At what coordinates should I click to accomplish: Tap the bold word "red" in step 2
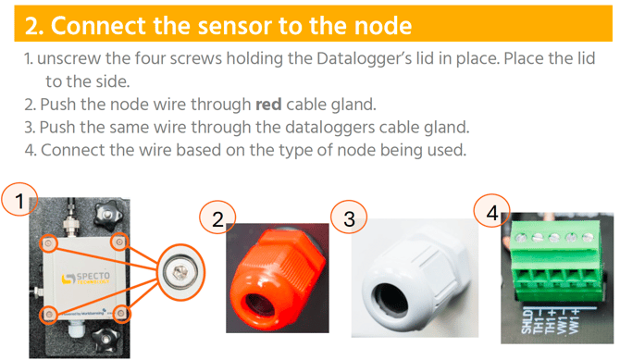[x=268, y=105]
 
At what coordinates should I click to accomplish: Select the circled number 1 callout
[x=19, y=200]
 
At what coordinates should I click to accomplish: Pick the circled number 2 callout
[x=217, y=218]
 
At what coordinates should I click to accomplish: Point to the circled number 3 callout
[x=349, y=218]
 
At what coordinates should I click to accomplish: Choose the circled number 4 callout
[x=492, y=213]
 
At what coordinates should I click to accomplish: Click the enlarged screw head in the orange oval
[x=180, y=272]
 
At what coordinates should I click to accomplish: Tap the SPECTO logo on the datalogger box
[x=86, y=278]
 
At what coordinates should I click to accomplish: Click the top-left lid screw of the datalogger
[x=49, y=243]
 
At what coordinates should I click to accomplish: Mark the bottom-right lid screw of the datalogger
[x=121, y=314]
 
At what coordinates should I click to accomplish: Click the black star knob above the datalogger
[x=106, y=215]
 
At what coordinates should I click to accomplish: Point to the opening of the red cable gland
[x=258, y=304]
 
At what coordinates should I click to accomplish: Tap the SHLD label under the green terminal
[x=527, y=321]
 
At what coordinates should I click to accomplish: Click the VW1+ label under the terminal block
[x=575, y=320]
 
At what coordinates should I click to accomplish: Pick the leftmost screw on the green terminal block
[x=520, y=238]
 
